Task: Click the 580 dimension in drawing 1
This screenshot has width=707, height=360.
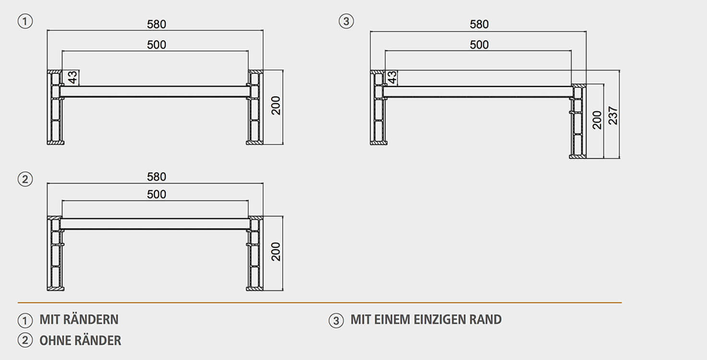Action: tap(156, 24)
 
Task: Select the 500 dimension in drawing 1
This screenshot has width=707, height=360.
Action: tap(156, 45)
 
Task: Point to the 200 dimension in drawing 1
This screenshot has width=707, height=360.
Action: tap(276, 106)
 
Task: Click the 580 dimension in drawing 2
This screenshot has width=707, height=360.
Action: tap(156, 177)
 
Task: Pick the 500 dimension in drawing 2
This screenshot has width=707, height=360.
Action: tap(156, 194)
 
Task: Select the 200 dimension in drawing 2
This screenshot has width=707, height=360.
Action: tap(276, 252)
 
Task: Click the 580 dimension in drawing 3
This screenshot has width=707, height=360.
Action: tap(479, 24)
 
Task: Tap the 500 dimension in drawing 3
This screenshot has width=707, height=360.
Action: tap(479, 45)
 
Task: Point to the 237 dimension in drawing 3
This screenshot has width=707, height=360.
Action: tap(613, 115)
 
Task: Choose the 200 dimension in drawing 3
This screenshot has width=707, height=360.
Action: tap(597, 120)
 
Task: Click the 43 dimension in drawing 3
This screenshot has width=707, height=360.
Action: tap(392, 77)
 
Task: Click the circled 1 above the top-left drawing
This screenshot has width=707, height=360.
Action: tap(25, 22)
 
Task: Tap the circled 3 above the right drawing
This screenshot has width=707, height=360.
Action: tap(346, 22)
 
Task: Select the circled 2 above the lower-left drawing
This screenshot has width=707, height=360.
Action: tap(25, 180)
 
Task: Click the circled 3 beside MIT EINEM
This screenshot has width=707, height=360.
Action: tap(336, 320)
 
